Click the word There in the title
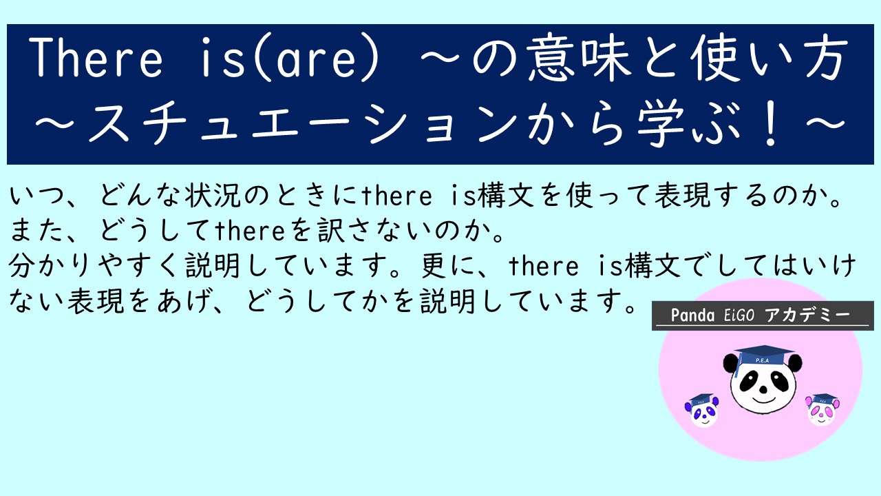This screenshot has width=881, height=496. pyautogui.click(x=96, y=57)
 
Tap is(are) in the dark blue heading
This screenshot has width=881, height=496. pyautogui.click(x=290, y=59)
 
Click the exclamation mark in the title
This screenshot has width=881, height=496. pyautogui.click(x=772, y=123)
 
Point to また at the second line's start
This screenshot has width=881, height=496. pyautogui.click(x=37, y=230)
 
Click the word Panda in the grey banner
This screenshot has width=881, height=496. pyautogui.click(x=692, y=315)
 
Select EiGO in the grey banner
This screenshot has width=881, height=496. pyautogui.click(x=739, y=315)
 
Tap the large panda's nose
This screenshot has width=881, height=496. pyautogui.click(x=763, y=390)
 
